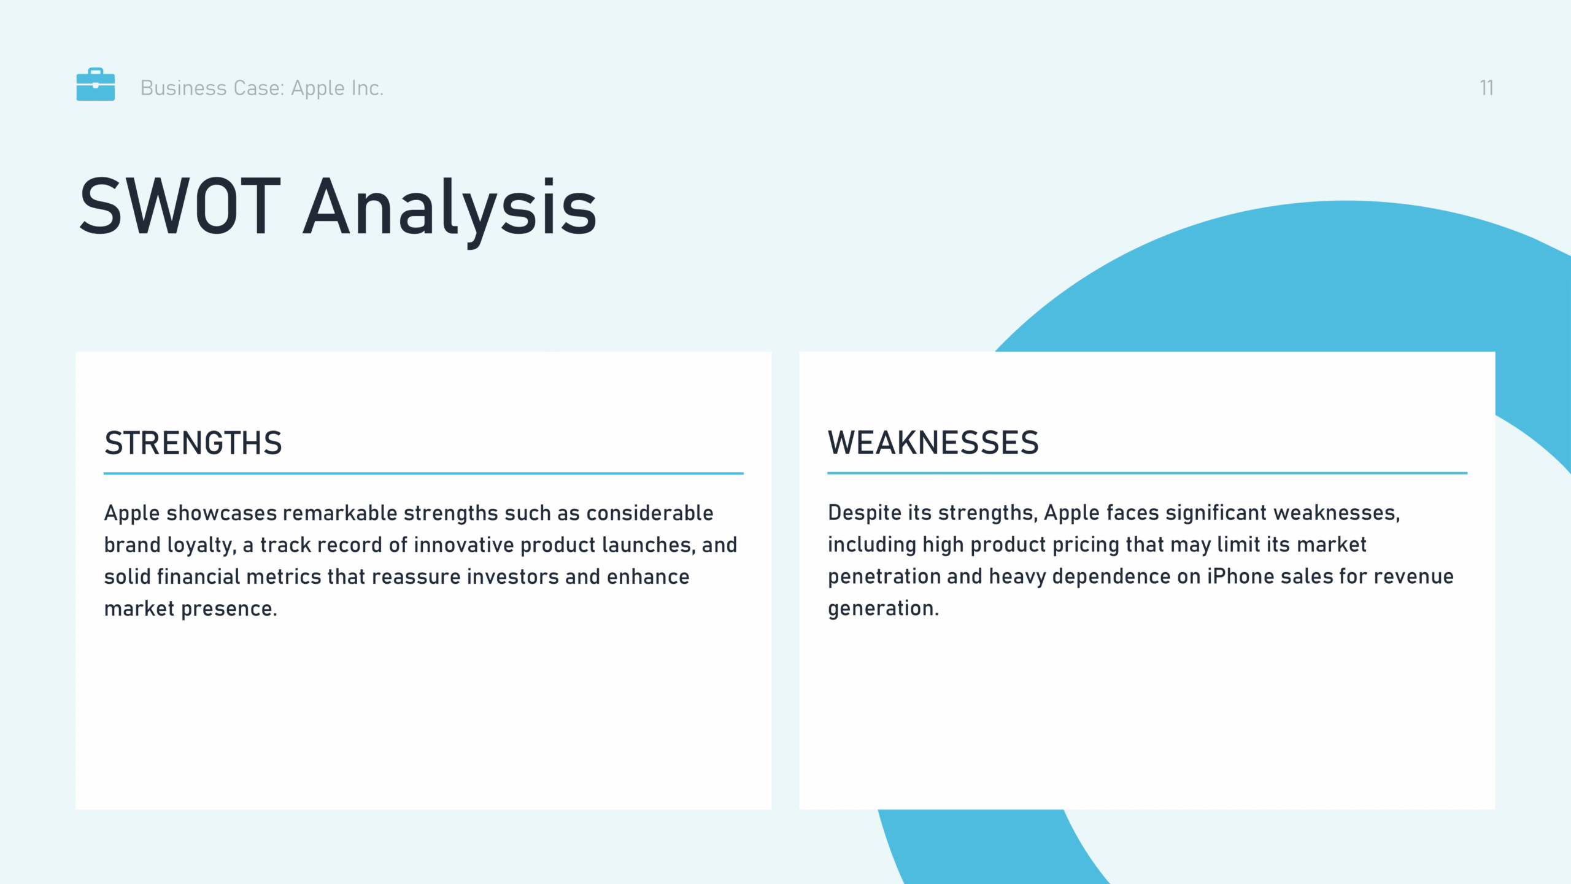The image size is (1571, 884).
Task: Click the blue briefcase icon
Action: [x=95, y=84]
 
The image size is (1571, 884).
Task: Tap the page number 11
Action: [x=1486, y=88]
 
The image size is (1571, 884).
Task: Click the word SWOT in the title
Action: [x=180, y=206]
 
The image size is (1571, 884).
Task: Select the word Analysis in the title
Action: [x=450, y=209]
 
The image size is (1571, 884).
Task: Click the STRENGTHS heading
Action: [x=193, y=443]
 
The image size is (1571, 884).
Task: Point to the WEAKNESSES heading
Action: [x=933, y=443]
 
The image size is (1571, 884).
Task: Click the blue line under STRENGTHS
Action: [x=423, y=473]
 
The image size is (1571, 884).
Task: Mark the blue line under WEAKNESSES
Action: [x=1148, y=473]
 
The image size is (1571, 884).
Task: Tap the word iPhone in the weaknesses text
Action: [x=1241, y=576]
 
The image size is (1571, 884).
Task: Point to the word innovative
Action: [x=464, y=545]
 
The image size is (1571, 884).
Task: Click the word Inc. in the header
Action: [x=368, y=88]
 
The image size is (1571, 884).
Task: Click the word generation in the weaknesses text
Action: [x=884, y=608]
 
